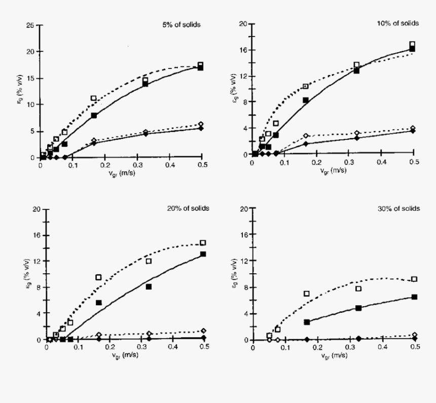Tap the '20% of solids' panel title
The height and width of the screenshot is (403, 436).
(188, 208)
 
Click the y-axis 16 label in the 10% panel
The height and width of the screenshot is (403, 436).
(243, 50)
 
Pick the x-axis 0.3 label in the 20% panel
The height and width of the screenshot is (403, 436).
(141, 348)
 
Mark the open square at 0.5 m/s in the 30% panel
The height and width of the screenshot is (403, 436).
(414, 279)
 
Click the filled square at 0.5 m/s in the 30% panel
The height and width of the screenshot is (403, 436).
(414, 297)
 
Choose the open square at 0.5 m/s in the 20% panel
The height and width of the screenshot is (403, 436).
(203, 243)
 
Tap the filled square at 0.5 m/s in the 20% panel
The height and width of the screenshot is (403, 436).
(203, 254)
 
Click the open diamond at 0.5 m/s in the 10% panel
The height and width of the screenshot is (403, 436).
(413, 128)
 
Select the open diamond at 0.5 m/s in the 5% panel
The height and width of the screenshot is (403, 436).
(201, 124)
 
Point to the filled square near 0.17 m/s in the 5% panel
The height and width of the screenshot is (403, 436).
(94, 116)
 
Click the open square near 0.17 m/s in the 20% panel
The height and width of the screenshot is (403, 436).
(98, 277)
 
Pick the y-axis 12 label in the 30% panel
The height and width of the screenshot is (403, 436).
(243, 261)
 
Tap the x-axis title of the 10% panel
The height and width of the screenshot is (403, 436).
(333, 170)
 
